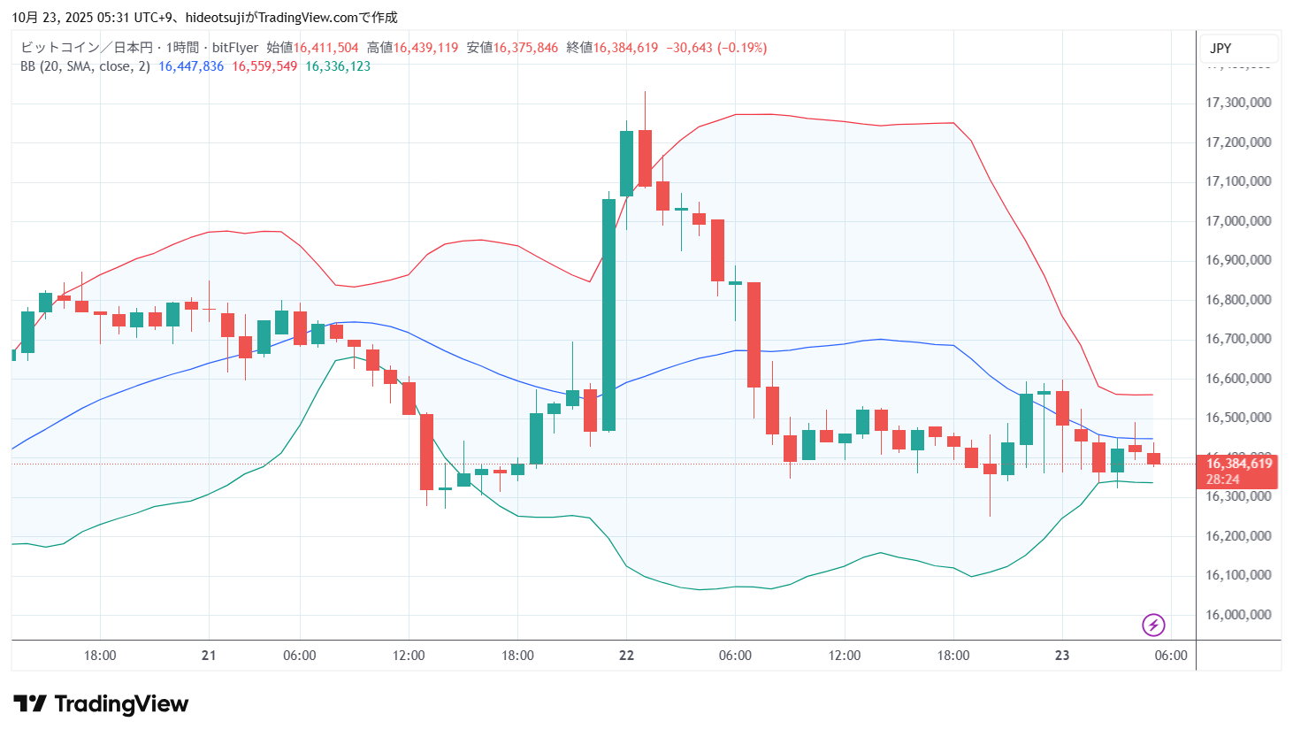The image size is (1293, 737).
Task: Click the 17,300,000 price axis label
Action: click(1238, 103)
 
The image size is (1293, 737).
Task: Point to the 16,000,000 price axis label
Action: click(1238, 615)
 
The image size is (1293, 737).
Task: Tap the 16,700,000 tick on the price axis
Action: click(1238, 339)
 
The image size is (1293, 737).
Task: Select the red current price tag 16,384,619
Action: click(1238, 464)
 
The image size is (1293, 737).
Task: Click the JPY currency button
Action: click(1220, 49)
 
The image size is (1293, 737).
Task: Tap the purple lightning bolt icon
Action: click(1153, 626)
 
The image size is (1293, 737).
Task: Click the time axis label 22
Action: click(626, 656)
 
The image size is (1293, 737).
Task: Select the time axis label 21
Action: click(209, 656)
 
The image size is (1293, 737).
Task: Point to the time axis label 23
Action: click(1062, 656)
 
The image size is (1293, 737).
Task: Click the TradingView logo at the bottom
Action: click(101, 704)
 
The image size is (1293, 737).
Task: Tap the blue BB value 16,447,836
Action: click(191, 66)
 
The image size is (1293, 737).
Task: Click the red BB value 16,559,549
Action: click(264, 66)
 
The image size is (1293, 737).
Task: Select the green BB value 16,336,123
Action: click(338, 66)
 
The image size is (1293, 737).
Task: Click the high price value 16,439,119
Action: click(425, 48)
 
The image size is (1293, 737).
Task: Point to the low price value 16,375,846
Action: click(525, 48)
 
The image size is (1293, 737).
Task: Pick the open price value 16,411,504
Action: click(325, 48)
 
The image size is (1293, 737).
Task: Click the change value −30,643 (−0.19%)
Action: click(716, 48)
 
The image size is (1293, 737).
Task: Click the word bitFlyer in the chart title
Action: click(235, 48)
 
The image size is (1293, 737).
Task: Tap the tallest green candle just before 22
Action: click(608, 314)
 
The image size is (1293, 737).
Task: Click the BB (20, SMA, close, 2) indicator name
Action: click(85, 66)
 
